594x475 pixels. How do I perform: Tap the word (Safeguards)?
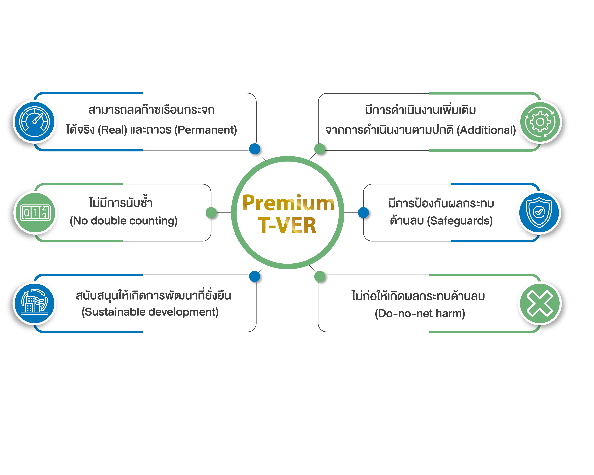(x=460, y=221)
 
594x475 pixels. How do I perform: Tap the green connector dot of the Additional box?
(x=320, y=149)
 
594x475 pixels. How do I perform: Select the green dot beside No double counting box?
(x=211, y=213)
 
